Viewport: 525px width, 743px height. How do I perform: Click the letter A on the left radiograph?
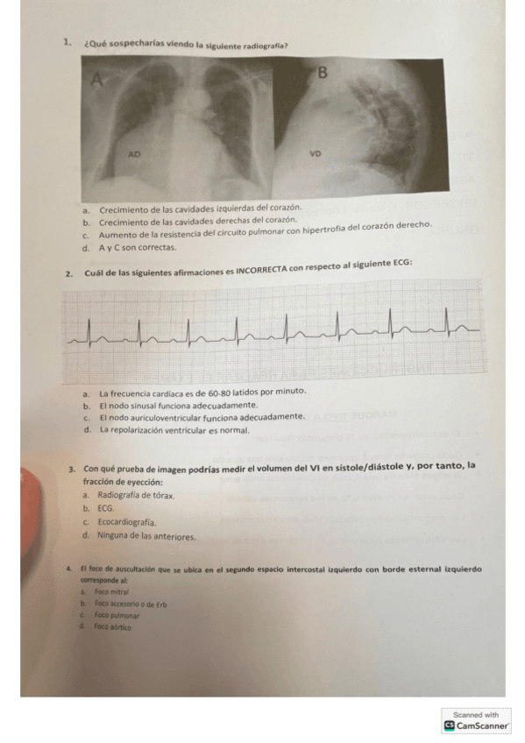(x=97, y=81)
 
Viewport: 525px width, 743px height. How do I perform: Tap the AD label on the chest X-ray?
(x=134, y=153)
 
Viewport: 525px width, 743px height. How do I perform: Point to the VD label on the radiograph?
(x=316, y=153)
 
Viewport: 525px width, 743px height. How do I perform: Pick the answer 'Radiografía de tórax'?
(x=136, y=495)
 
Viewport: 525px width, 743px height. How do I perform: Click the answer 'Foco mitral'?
(x=112, y=592)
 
